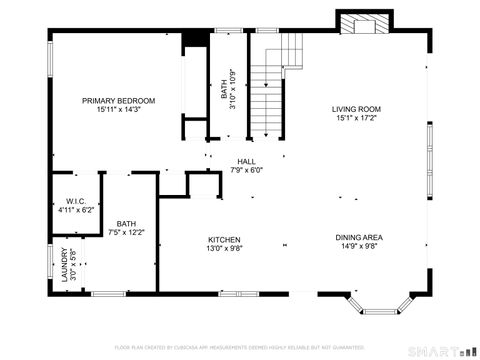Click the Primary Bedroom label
tap(119, 101)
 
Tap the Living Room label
tap(357, 109)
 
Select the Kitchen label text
tap(224, 239)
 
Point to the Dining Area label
tap(359, 237)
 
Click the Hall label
tap(246, 162)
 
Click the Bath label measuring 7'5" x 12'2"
tap(126, 223)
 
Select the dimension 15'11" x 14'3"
tap(119, 110)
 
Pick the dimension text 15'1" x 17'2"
tap(357, 118)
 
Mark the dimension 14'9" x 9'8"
tap(359, 246)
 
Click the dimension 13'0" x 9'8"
tap(224, 248)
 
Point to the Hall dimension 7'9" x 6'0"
tap(246, 171)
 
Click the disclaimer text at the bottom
tap(240, 347)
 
